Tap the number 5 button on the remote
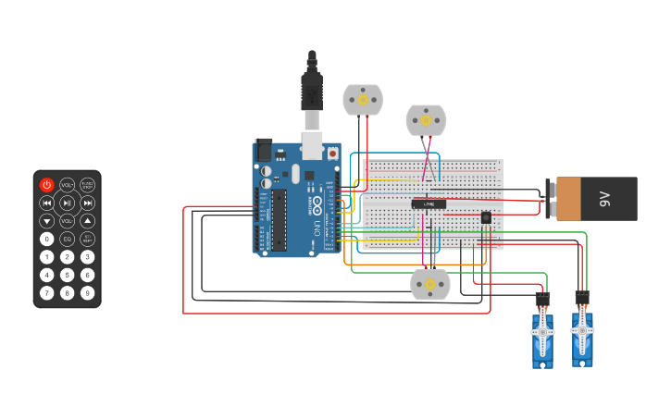[x=67, y=275]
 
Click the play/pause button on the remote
[x=67, y=203]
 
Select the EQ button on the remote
[x=67, y=239]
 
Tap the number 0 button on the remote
[x=47, y=239]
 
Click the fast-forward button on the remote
[x=87, y=203]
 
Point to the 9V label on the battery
[x=605, y=199]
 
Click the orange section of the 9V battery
[x=568, y=199]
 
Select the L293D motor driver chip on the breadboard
[x=429, y=203]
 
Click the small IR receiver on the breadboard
[x=486, y=217]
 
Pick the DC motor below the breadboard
[x=429, y=284]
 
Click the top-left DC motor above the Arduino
[x=363, y=100]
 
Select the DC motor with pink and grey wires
[x=426, y=120]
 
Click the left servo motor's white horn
[x=542, y=330]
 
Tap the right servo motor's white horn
[x=582, y=329]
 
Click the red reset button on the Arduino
[x=333, y=154]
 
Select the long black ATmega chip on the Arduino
[x=279, y=220]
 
